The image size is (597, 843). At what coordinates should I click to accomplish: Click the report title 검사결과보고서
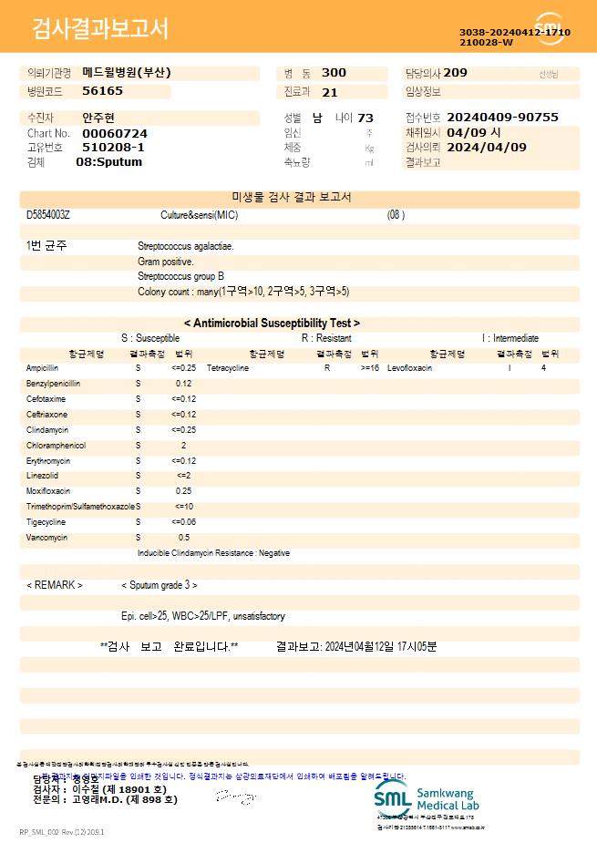(100, 29)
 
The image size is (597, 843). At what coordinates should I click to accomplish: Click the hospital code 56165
(102, 91)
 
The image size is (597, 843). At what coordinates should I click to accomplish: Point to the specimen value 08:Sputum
(108, 162)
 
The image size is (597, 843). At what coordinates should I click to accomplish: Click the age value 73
(365, 118)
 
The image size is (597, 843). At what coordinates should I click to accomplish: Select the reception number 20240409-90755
(503, 118)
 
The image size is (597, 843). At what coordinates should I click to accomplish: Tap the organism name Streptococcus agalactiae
(185, 246)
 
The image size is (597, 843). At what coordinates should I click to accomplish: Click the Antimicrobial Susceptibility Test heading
(272, 323)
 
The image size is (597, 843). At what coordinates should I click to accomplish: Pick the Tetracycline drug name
(228, 368)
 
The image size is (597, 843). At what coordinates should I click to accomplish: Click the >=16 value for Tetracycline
(370, 368)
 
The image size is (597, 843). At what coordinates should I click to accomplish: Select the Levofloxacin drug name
(409, 368)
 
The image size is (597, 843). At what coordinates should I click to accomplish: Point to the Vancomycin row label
(47, 538)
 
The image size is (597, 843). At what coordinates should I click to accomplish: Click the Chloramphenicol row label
(56, 446)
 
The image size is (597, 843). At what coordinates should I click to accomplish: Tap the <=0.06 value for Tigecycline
(183, 522)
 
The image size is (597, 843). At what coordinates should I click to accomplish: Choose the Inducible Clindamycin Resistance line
(213, 553)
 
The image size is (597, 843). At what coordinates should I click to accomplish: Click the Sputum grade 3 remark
(160, 585)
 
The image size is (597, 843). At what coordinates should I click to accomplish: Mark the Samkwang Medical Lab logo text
(448, 799)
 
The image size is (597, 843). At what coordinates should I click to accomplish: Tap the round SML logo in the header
(550, 29)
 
